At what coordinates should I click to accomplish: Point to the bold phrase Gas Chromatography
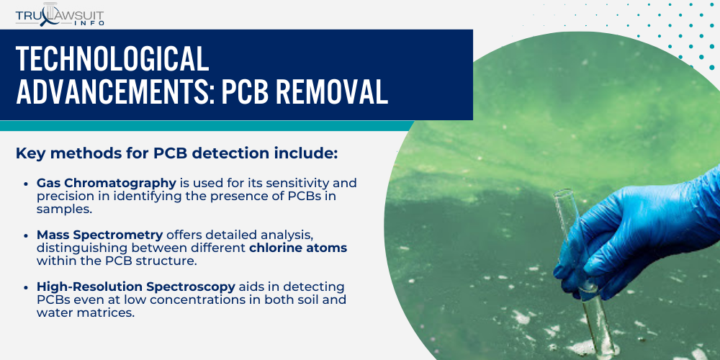[x=107, y=183]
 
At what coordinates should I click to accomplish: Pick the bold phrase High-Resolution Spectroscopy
[x=136, y=287]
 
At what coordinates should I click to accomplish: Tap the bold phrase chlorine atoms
[x=298, y=248]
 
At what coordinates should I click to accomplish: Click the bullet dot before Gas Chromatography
[x=27, y=183]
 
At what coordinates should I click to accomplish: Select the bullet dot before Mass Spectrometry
[x=27, y=235]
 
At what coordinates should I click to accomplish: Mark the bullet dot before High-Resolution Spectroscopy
[x=27, y=287]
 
